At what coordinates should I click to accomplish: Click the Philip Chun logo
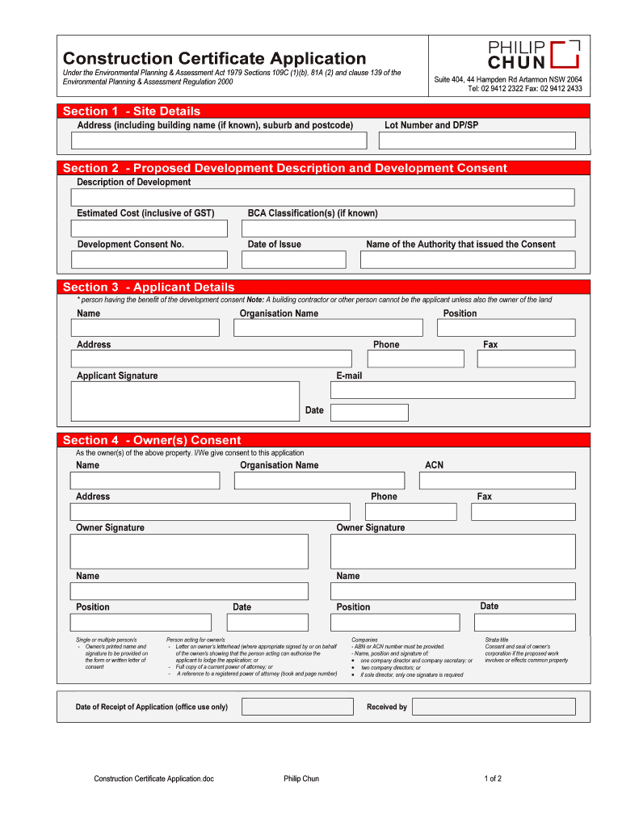534,54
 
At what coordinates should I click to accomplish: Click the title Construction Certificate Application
214,58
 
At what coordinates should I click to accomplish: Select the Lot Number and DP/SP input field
477,141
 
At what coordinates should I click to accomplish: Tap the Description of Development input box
323,197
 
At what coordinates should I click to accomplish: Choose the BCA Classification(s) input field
409,229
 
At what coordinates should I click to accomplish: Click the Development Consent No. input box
149,259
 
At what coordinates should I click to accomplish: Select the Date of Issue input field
293,259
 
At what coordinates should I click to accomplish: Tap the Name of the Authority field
468,259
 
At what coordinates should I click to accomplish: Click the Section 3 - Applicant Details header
149,287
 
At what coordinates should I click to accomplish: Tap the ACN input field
497,481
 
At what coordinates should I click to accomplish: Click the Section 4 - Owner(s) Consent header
152,440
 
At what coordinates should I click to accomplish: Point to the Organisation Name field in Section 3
328,328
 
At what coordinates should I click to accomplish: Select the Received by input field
494,707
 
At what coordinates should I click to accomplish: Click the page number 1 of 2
493,779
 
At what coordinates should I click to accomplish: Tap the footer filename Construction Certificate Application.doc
153,779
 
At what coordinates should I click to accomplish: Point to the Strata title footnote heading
497,640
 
